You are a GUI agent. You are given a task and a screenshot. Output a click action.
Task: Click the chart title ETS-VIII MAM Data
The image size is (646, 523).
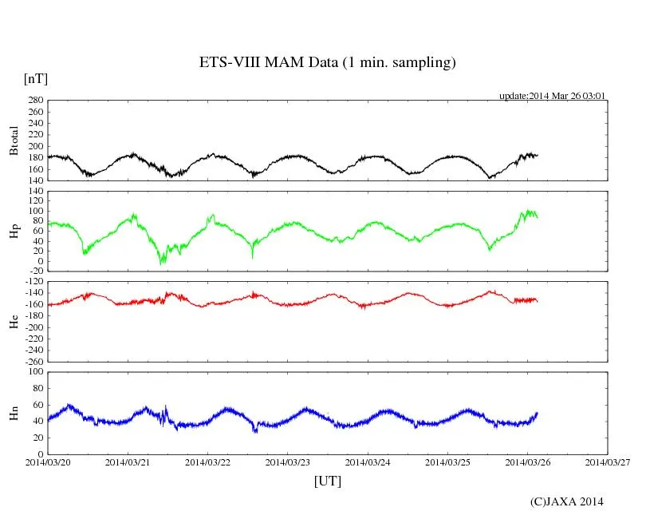click(327, 63)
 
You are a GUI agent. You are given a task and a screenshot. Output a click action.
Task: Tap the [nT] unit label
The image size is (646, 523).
click(35, 78)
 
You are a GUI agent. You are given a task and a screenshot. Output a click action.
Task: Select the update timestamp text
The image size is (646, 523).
click(553, 96)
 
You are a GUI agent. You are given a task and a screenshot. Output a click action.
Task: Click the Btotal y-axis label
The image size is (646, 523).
click(14, 141)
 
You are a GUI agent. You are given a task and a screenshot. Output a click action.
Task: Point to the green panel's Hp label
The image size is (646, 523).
click(14, 232)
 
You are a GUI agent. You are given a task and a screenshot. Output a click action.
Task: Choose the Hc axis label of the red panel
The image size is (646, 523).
click(14, 322)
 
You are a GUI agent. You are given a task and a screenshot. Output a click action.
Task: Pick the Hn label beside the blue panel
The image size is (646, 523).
click(14, 413)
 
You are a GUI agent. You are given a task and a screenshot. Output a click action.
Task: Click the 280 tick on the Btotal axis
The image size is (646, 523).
click(34, 101)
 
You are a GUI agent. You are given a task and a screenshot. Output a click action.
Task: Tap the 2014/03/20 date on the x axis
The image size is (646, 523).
click(48, 462)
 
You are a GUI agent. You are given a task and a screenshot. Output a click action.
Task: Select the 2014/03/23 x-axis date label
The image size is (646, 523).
click(287, 462)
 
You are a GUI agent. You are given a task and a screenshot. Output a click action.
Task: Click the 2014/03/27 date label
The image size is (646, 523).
click(606, 462)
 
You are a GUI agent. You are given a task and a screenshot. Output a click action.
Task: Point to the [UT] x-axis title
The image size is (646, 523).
click(327, 481)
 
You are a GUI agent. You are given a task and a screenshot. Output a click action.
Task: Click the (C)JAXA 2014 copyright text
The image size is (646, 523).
click(566, 501)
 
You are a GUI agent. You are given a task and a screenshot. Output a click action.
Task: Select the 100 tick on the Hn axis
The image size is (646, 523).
click(34, 371)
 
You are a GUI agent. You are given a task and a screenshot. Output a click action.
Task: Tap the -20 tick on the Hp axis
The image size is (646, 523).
click(34, 271)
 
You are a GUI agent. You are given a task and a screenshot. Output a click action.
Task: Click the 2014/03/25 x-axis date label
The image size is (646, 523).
click(447, 462)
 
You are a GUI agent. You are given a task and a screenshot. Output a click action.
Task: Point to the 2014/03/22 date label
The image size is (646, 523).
click(207, 462)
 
